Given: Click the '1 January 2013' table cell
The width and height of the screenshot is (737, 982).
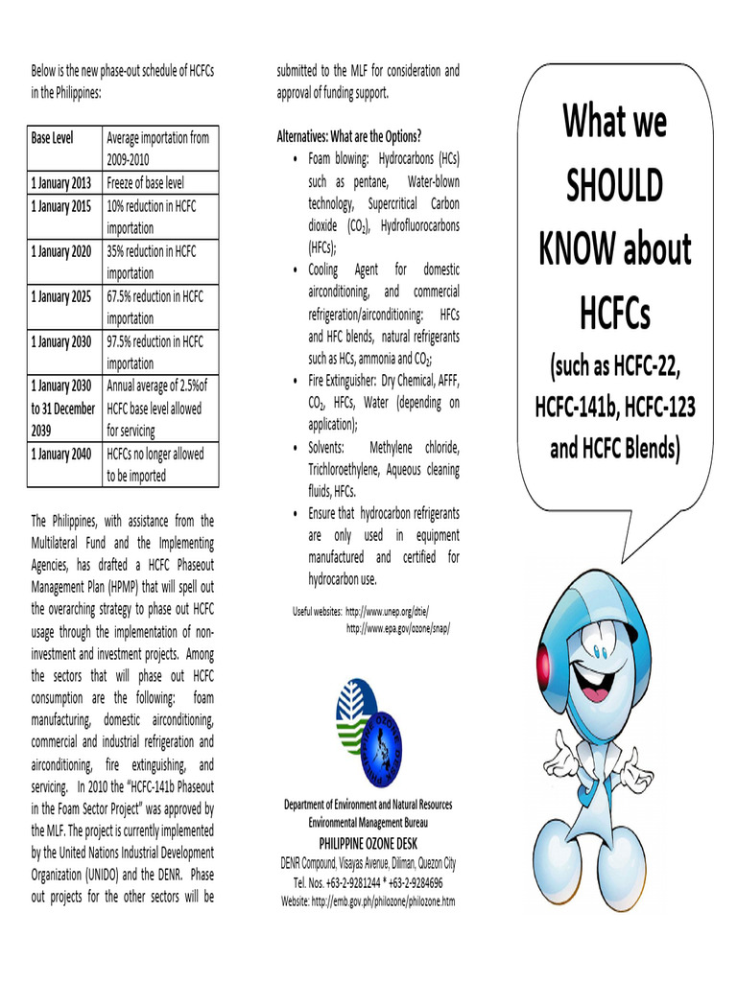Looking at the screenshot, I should pyautogui.click(x=61, y=183).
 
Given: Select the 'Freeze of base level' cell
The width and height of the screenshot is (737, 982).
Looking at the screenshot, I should pyautogui.click(x=145, y=183).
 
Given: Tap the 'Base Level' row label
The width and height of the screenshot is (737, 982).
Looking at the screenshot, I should pyautogui.click(x=52, y=138).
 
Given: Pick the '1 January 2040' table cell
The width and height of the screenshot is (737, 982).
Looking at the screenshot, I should pyautogui.click(x=61, y=454).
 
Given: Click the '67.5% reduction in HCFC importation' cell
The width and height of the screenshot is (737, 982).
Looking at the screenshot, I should pyautogui.click(x=155, y=307).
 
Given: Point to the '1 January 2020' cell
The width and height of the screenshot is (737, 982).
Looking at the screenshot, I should pyautogui.click(x=61, y=251).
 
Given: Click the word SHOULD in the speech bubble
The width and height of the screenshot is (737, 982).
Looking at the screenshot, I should pyautogui.click(x=614, y=186).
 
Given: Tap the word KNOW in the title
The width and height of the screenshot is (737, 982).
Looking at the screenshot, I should pyautogui.click(x=575, y=249).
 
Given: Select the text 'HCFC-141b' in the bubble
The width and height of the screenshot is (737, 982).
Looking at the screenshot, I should pyautogui.click(x=575, y=407).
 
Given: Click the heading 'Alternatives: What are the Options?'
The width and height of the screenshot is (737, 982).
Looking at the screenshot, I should pyautogui.click(x=349, y=135).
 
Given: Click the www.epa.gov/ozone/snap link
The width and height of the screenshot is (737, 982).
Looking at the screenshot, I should pyautogui.click(x=397, y=628).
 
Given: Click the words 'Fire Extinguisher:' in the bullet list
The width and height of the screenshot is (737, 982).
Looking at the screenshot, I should pyautogui.click(x=344, y=381).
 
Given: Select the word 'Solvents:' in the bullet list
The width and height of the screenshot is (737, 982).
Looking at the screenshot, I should pyautogui.click(x=325, y=448).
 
